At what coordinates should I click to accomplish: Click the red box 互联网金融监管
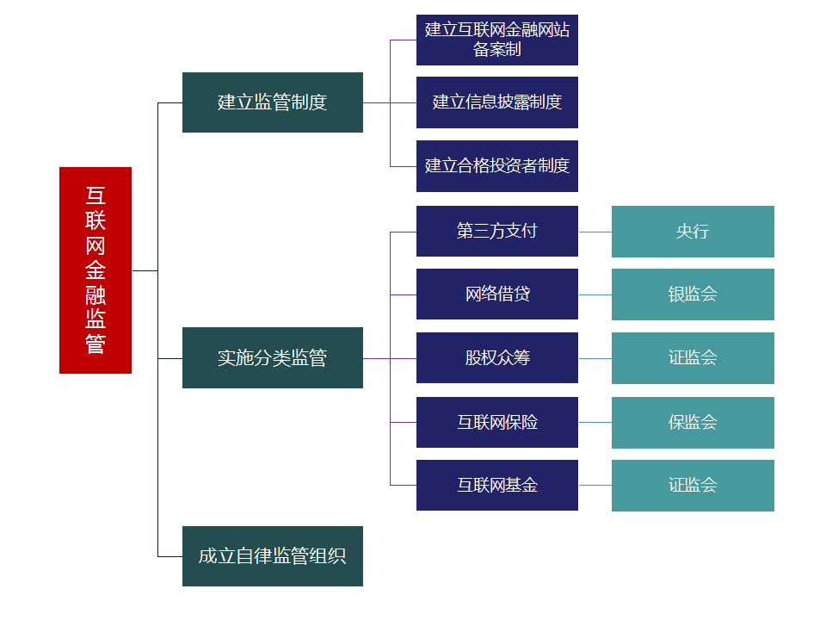tap(96, 270)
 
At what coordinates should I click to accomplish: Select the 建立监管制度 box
tap(273, 102)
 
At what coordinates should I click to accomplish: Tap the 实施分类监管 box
tap(273, 357)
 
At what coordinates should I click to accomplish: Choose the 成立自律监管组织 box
tap(273, 556)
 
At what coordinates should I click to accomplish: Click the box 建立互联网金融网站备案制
tap(497, 40)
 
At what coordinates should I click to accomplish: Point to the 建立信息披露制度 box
tap(497, 102)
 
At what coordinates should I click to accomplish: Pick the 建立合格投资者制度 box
tap(497, 165)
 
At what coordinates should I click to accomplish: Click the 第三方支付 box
tap(497, 231)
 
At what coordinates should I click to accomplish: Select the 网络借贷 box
tap(497, 294)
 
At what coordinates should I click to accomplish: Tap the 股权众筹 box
tap(497, 357)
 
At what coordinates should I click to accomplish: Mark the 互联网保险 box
tap(497, 422)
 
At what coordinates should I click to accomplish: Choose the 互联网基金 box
tap(497, 485)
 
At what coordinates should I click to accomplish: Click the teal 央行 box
tap(693, 231)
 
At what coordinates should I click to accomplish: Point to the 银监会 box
tap(693, 294)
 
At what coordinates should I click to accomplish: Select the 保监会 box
tap(693, 422)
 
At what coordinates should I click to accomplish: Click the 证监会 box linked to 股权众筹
tap(693, 357)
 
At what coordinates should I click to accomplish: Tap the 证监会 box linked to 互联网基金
tap(693, 485)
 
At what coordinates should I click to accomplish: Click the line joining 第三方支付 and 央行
tap(595, 232)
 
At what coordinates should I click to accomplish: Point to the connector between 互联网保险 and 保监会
tap(595, 422)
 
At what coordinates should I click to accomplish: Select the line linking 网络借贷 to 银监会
tap(595, 294)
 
